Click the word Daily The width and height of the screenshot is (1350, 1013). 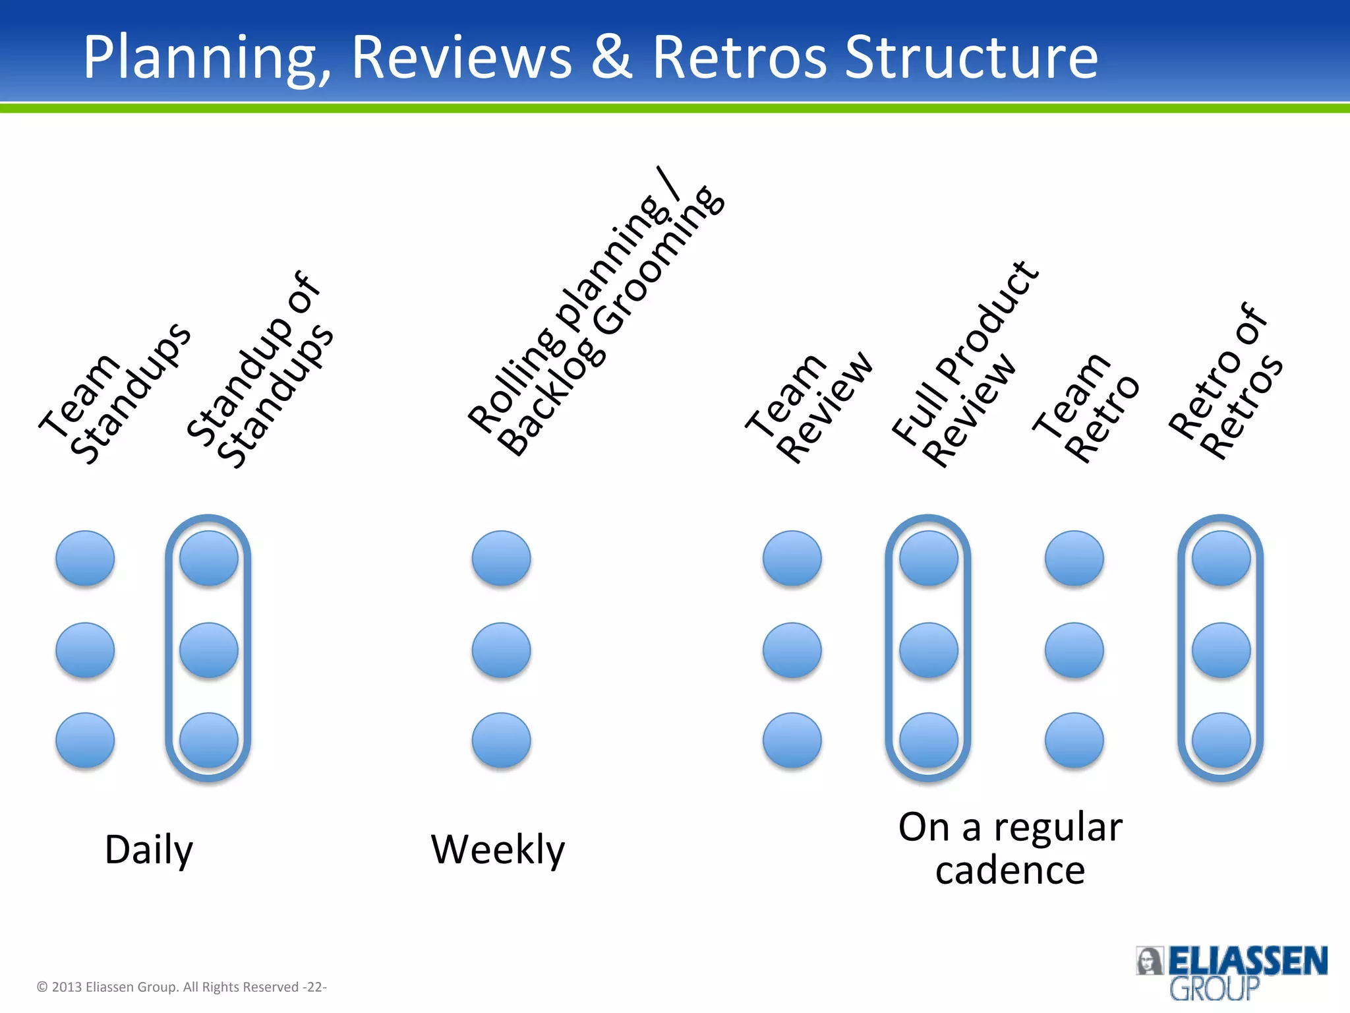click(x=149, y=850)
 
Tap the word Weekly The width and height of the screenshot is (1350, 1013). click(x=498, y=850)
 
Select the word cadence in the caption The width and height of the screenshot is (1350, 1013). click(x=1010, y=871)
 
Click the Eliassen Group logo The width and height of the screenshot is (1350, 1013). click(x=1231, y=972)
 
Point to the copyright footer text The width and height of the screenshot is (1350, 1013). click(x=181, y=987)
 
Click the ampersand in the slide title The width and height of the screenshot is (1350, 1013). click(x=611, y=57)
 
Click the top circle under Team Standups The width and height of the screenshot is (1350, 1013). click(x=85, y=558)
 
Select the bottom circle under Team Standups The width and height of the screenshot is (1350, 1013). click(x=85, y=740)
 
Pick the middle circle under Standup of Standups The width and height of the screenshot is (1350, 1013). click(x=209, y=650)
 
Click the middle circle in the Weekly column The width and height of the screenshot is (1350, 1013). click(x=501, y=650)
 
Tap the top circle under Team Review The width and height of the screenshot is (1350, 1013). click(x=792, y=558)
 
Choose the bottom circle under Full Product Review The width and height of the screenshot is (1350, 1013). click(x=928, y=740)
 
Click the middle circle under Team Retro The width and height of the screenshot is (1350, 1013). click(x=1074, y=650)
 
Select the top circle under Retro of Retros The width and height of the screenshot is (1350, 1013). click(x=1221, y=558)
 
